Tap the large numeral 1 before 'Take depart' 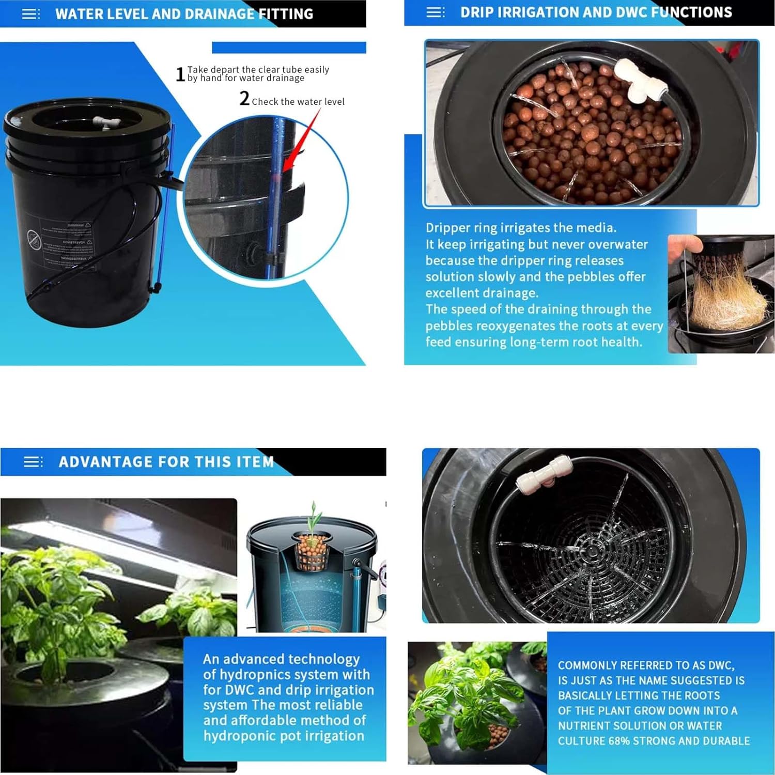[x=180, y=74]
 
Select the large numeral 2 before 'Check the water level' [x=244, y=98]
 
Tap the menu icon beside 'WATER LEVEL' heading [x=31, y=14]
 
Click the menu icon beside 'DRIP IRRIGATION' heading [x=436, y=12]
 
